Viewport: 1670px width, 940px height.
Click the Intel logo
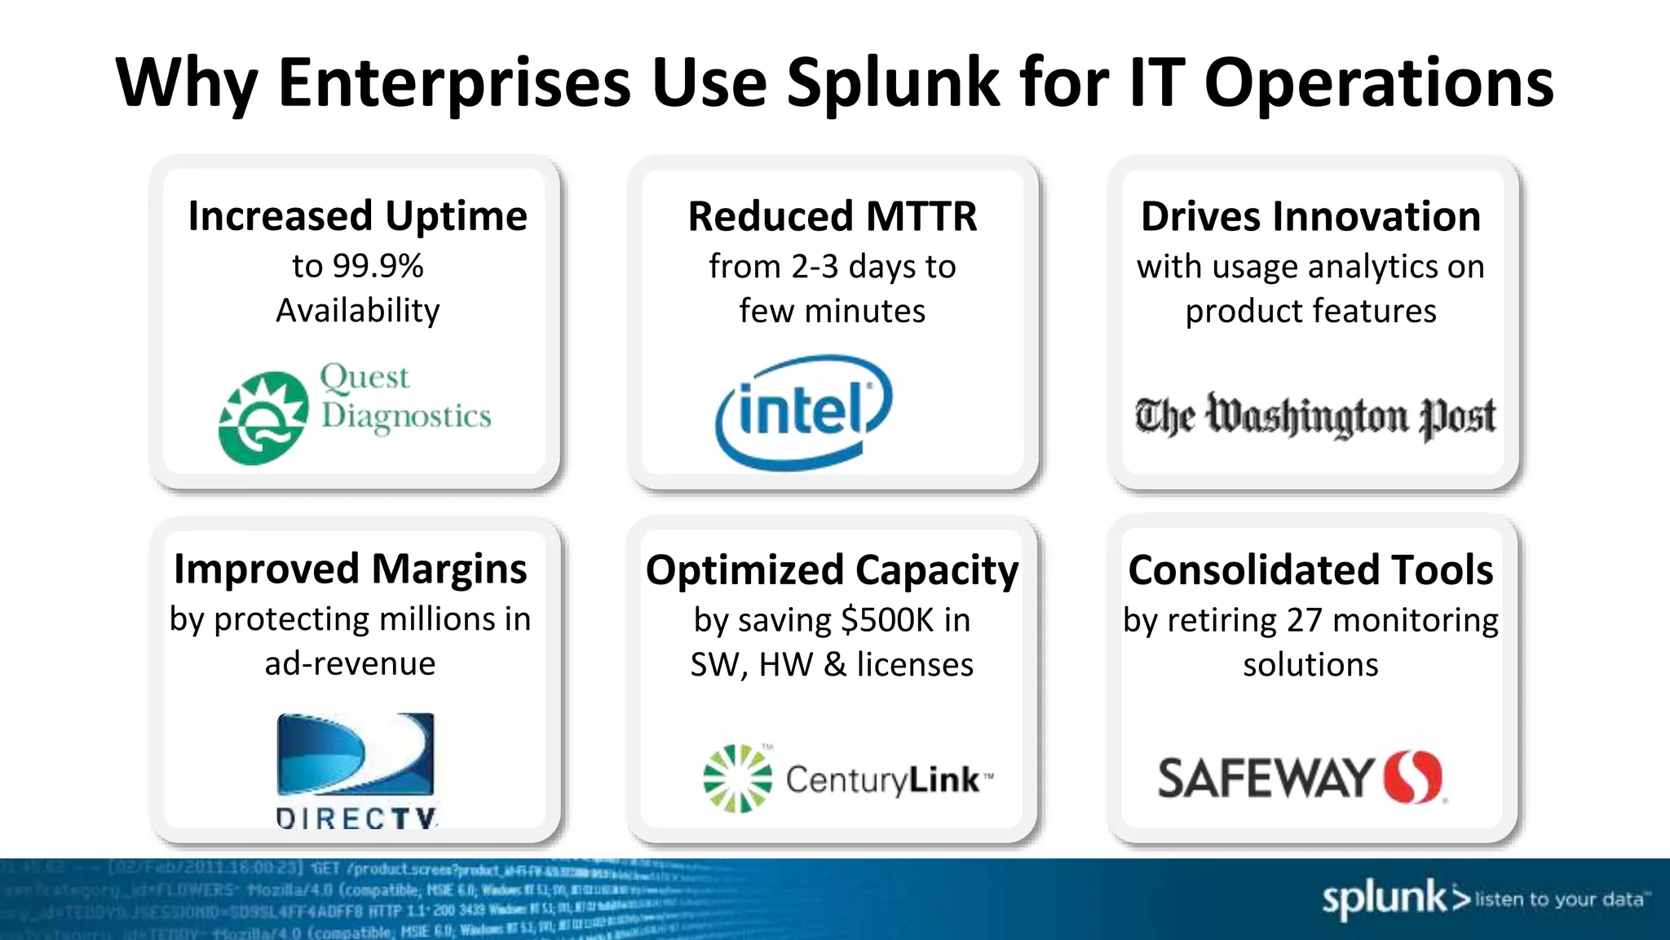[803, 412]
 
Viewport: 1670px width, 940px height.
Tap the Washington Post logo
[1314, 415]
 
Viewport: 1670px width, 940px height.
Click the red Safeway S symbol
[1413, 777]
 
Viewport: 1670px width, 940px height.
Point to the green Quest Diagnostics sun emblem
[263, 419]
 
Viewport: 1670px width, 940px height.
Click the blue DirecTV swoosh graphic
[356, 754]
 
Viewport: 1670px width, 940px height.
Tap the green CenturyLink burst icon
[737, 778]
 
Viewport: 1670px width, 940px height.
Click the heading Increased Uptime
[357, 216]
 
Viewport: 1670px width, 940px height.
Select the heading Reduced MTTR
[832, 217]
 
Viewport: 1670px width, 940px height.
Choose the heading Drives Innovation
[1310, 217]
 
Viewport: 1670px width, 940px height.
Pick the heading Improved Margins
[350, 569]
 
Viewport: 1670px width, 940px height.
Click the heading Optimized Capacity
[832, 570]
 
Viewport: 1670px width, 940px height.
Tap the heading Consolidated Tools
[1310, 570]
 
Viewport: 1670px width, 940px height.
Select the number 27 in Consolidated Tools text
[1304, 620]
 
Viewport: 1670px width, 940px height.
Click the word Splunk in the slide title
[892, 83]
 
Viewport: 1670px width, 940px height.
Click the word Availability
[357, 311]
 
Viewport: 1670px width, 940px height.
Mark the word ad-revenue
[350, 663]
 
